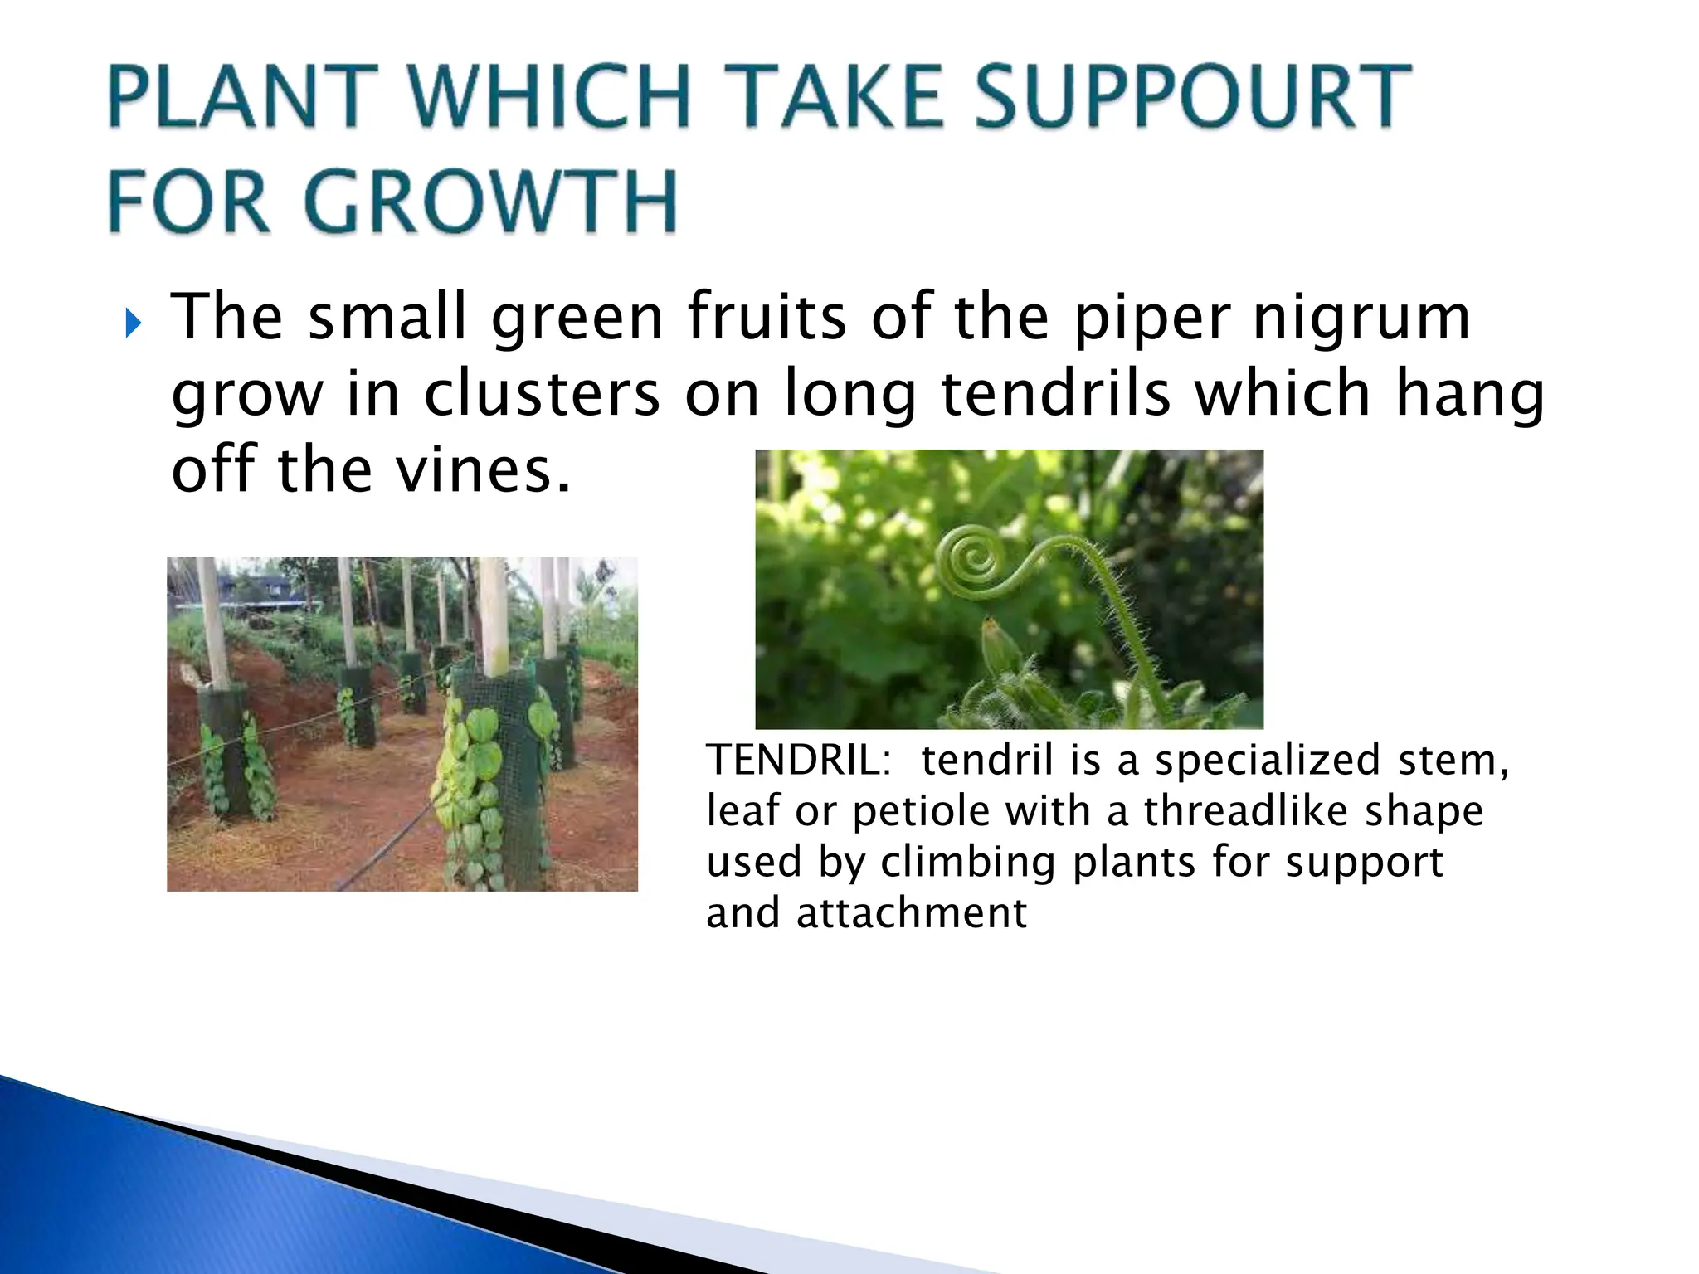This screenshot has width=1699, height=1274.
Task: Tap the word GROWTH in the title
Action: click(492, 202)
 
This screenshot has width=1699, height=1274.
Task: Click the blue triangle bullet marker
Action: click(133, 323)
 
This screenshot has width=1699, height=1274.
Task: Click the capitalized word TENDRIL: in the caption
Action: click(798, 760)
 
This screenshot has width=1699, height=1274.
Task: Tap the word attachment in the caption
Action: click(911, 913)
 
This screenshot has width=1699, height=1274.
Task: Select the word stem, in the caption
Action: click(1453, 761)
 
